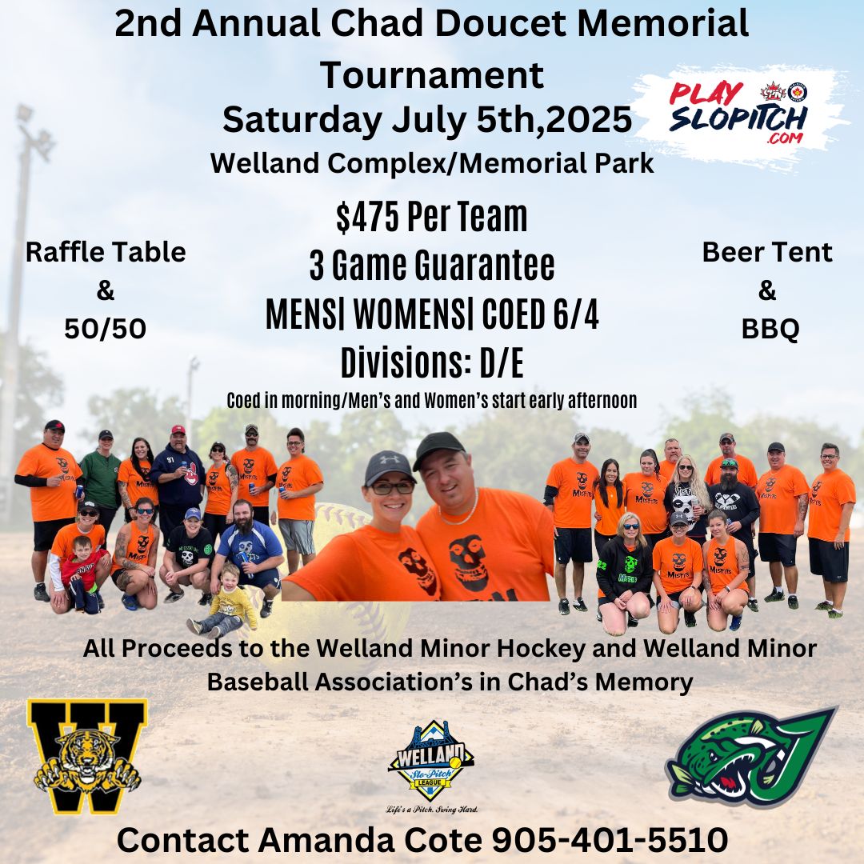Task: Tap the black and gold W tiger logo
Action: click(88, 755)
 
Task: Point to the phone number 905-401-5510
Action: click(610, 840)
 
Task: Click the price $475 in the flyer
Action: click(367, 217)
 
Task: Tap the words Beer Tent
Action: click(767, 252)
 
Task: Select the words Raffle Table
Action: click(106, 252)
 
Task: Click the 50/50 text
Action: click(106, 329)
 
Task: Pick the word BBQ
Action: click(770, 329)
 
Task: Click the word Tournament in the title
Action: click(432, 75)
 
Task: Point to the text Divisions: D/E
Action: click(432, 363)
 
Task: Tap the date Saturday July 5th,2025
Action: click(427, 119)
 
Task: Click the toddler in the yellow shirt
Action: click(224, 602)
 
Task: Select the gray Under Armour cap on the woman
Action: click(389, 466)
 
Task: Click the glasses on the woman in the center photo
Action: click(392, 488)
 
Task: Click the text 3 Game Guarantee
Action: click(432, 266)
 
